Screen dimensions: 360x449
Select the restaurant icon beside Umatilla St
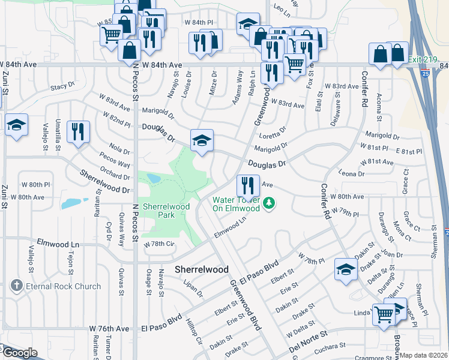(x=78, y=131)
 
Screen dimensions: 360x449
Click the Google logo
(x=20, y=353)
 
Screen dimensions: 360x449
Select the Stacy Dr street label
(x=62, y=87)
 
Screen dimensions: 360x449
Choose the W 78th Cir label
(x=158, y=244)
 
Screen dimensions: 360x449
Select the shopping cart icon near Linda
(x=384, y=314)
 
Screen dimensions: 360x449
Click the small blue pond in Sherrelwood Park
(x=152, y=178)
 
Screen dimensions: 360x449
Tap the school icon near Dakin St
(x=346, y=269)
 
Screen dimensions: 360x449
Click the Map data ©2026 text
(x=423, y=355)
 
